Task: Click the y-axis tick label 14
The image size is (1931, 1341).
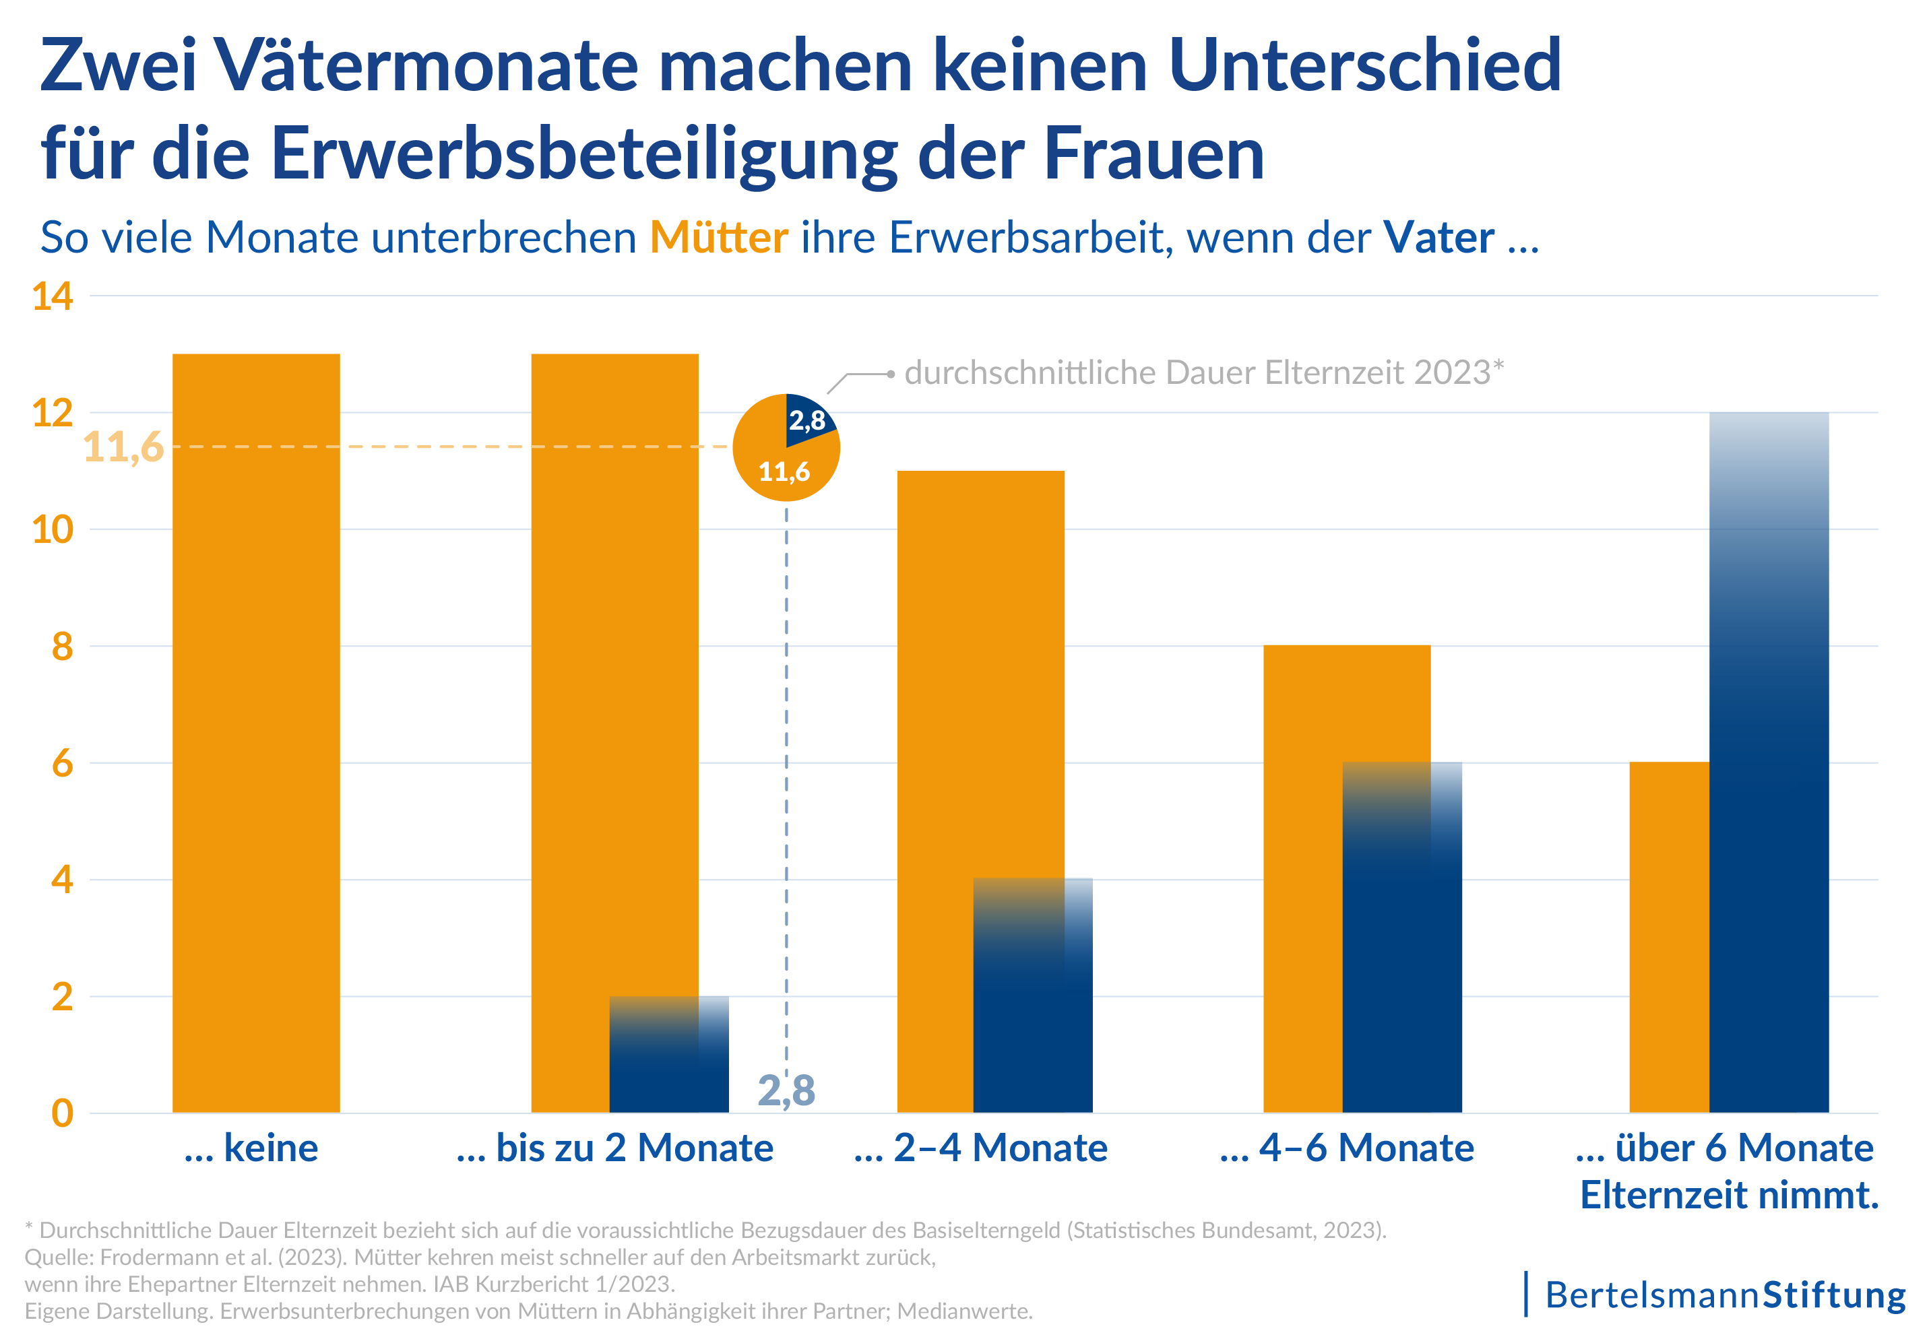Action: click(x=52, y=296)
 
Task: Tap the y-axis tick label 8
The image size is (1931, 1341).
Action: click(x=62, y=647)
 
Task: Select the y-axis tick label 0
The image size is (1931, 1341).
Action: click(x=62, y=1113)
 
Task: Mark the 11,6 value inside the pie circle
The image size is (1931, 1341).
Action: click(x=784, y=472)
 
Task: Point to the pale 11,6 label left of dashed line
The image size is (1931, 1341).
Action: click(x=123, y=447)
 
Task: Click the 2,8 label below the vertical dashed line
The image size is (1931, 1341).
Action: click(x=786, y=1090)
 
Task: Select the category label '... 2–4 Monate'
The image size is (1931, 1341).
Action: click(x=980, y=1148)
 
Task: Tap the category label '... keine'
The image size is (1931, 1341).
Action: click(x=251, y=1148)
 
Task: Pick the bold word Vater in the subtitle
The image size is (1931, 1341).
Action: click(x=1438, y=238)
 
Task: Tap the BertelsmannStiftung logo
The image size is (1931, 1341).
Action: click(x=1724, y=1295)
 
